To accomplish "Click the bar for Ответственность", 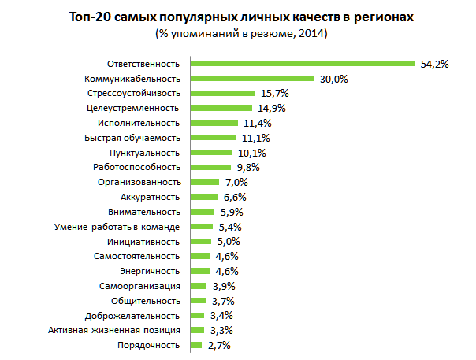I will [x=303, y=64].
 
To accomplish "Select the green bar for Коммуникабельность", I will [x=252, y=79].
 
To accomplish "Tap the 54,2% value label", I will [x=433, y=64].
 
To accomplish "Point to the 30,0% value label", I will [x=333, y=79].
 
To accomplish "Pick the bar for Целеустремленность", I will [x=221, y=108].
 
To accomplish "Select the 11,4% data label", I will [x=256, y=123].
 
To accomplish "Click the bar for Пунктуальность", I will [x=211, y=153].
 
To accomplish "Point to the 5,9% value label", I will [x=231, y=212].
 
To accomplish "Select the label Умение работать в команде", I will [x=117, y=227].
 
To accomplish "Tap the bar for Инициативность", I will [x=200, y=241].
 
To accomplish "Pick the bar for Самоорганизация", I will [x=198, y=286].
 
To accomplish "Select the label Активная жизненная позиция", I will [x=114, y=330].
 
